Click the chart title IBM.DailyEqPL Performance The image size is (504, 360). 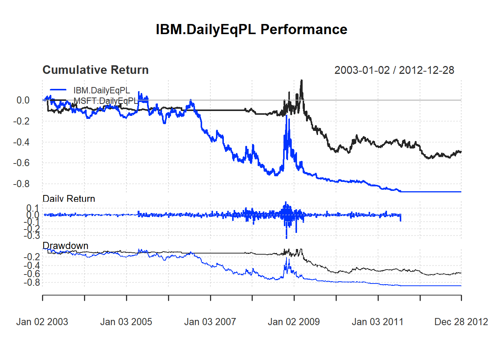pos(251,30)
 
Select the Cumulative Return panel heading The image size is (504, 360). pos(96,70)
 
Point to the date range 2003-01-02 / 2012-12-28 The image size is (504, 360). pos(394,70)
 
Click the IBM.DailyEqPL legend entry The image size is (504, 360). pos(102,90)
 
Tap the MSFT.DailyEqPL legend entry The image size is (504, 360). pos(106,101)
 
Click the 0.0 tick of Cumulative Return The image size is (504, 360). pos(23,100)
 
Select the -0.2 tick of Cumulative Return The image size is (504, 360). pos(21,121)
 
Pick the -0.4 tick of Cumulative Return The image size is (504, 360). pos(21,142)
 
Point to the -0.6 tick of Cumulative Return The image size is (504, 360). pos(21,163)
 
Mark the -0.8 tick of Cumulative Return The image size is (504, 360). pos(21,184)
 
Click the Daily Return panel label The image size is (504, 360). pos(69,199)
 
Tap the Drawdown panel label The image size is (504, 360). pos(66,246)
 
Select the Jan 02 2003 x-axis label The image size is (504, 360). pos(42,322)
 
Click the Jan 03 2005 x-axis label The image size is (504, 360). pos(126,322)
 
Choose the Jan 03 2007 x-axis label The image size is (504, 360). pos(210,322)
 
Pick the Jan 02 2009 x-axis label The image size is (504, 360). pos(294,322)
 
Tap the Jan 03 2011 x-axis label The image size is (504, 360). pos(378,322)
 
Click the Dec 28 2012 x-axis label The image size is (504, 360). pos(461,322)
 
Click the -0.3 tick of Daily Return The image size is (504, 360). pos(32,236)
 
